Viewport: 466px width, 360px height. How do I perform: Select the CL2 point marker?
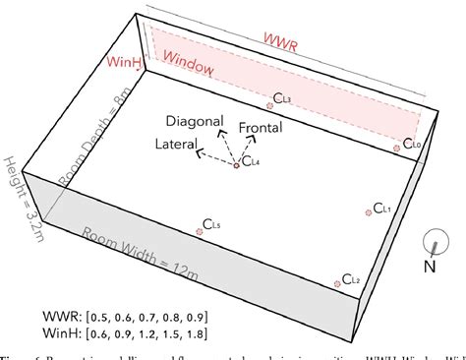pos(340,281)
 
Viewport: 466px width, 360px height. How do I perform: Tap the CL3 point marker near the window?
pos(270,105)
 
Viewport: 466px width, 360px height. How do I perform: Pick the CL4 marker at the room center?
pos(235,164)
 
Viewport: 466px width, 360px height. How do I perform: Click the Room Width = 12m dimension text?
pos(139,252)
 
